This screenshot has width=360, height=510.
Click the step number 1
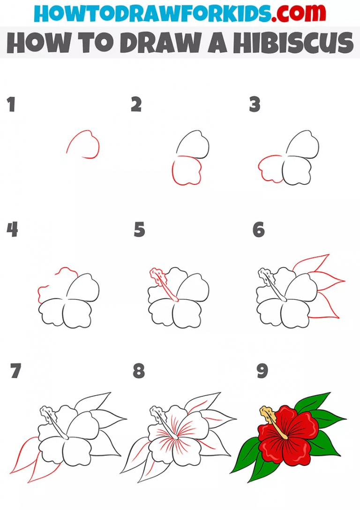coord(11,105)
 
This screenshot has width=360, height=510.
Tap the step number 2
coord(136,105)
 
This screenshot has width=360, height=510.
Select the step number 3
coord(255,105)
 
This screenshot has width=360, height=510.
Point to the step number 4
coord(12,230)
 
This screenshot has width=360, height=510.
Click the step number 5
coord(139,230)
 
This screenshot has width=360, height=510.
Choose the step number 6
coord(258,230)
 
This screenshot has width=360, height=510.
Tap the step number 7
coord(15,371)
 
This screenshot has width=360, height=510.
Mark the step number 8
coord(139,371)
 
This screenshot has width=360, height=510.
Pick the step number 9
coord(262,371)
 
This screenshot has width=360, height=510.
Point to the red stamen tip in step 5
coord(156,274)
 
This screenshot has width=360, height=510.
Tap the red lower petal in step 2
coord(186,171)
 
